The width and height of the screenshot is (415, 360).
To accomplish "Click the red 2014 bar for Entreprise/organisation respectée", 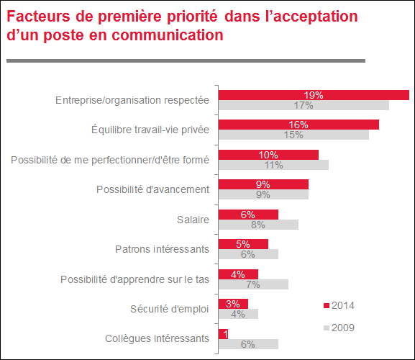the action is click(314, 95).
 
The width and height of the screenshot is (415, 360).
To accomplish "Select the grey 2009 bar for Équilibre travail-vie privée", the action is click(293, 135).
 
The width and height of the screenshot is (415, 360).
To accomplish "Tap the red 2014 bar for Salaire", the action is click(248, 215).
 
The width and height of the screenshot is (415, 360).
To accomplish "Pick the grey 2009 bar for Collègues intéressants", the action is click(248, 344).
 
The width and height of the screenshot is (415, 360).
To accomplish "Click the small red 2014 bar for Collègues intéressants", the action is click(223, 334).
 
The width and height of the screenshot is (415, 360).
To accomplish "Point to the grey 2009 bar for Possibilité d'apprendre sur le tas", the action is click(253, 284).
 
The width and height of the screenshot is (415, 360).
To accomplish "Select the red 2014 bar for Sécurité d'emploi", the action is click(233, 304).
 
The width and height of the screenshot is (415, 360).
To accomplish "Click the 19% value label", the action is click(314, 95).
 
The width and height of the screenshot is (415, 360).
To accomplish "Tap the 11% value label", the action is click(273, 165).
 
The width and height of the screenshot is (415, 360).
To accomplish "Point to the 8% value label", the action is click(258, 225).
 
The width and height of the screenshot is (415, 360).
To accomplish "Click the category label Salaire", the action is click(193, 220).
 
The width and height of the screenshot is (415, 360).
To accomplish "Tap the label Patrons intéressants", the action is click(162, 249).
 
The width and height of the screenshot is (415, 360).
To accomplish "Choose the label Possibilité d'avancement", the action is click(152, 189).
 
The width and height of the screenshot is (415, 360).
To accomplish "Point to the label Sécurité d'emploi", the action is click(170, 309).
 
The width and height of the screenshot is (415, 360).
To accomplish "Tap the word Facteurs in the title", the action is click(38, 16).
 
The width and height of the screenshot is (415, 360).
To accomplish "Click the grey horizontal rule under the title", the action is click(186, 61).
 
